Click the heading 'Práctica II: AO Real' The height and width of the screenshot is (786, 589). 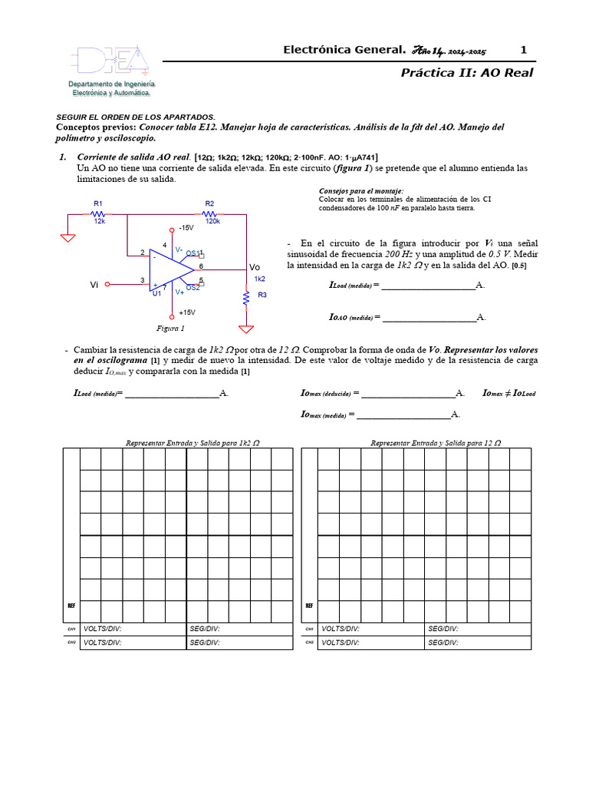(466, 73)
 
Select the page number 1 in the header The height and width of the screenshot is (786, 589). (524, 50)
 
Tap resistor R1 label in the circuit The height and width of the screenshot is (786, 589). (98, 203)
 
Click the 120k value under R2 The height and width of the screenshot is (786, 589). (212, 221)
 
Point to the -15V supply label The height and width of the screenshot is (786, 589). (186, 229)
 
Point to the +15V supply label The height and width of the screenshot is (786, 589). (186, 312)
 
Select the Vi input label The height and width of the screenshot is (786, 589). (94, 284)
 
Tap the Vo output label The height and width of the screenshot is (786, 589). (255, 266)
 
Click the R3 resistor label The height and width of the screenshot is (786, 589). (262, 295)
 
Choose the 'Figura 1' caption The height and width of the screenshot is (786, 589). (170, 328)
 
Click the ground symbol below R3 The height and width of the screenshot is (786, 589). (246, 329)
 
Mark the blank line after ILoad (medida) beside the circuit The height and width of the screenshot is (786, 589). (427, 286)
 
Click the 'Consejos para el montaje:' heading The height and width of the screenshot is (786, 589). (360, 190)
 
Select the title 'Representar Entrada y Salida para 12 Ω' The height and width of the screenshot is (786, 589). (436, 443)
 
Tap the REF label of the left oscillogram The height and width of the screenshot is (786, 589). (71, 606)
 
